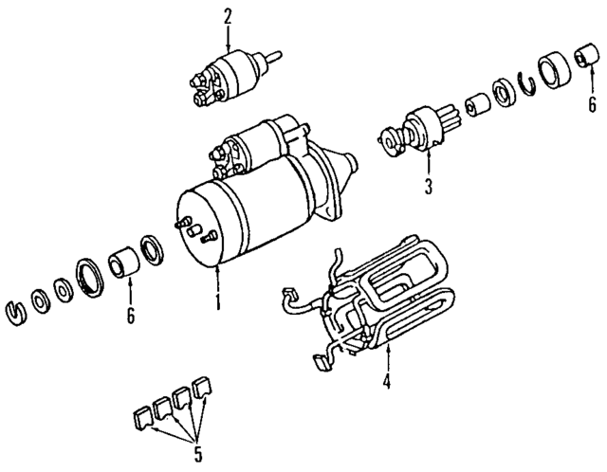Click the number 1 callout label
(x=217, y=303)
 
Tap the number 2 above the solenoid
(x=228, y=15)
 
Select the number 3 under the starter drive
(x=428, y=186)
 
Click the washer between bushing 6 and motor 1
(x=152, y=248)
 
